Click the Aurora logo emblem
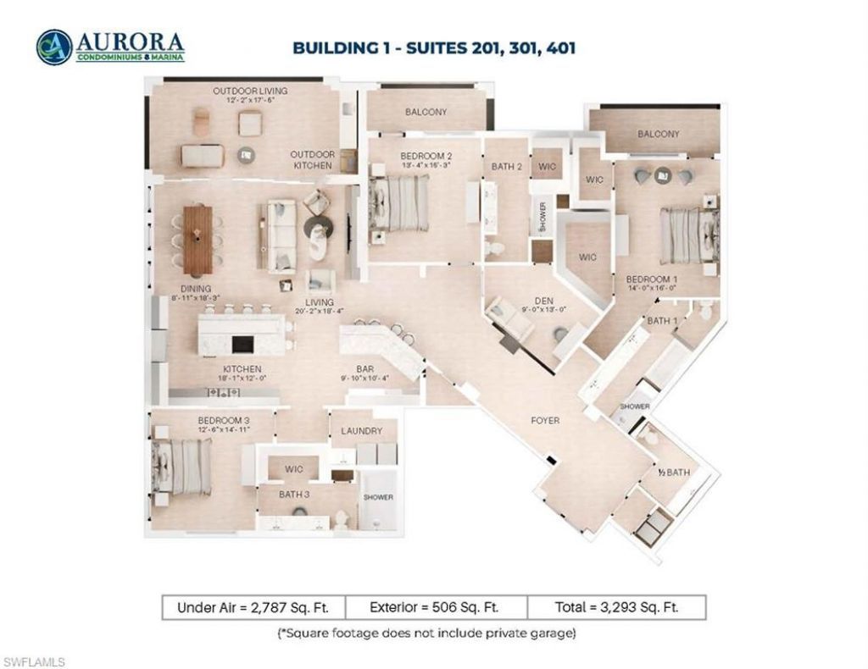53,47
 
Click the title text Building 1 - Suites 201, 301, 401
434,47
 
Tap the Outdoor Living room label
250,91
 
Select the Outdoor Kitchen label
312,160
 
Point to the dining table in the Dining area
198,240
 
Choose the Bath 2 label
506,167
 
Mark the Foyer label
544,420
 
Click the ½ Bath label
673,473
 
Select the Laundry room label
362,431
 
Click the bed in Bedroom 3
183,469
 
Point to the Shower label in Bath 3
377,497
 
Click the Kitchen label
240,370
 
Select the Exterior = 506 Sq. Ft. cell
435,607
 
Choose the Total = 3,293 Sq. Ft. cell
616,607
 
